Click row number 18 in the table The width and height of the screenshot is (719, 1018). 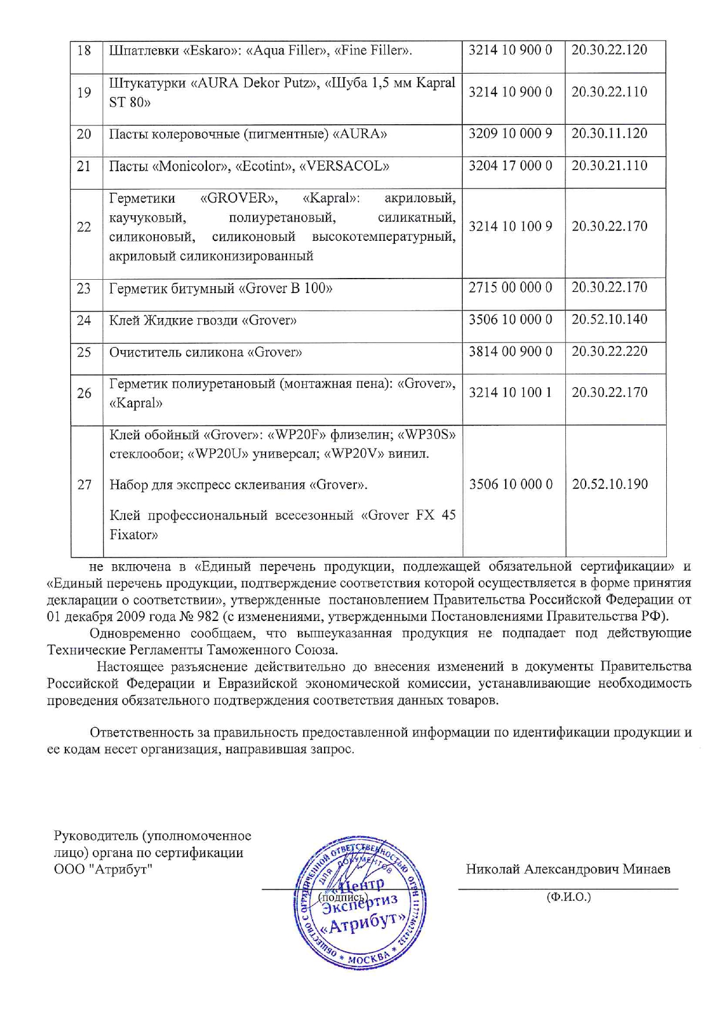84,50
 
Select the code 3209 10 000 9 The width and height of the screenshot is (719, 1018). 510,133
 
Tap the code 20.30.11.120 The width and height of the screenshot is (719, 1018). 609,133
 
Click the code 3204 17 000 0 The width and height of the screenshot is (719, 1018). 510,166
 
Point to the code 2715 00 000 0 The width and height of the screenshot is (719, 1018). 510,287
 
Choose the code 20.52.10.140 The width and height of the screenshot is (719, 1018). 609,319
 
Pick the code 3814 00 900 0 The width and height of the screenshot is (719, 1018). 510,351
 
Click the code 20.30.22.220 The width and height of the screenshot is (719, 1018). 609,351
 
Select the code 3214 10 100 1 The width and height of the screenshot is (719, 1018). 510,392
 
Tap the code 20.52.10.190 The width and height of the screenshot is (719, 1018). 610,484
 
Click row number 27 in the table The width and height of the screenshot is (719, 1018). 85,485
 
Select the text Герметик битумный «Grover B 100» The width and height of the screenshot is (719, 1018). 220,288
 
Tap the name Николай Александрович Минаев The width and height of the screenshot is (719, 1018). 568,869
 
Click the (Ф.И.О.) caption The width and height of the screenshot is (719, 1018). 568,897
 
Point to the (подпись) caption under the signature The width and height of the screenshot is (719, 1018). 343,897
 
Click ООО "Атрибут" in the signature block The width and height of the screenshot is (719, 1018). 103,869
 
